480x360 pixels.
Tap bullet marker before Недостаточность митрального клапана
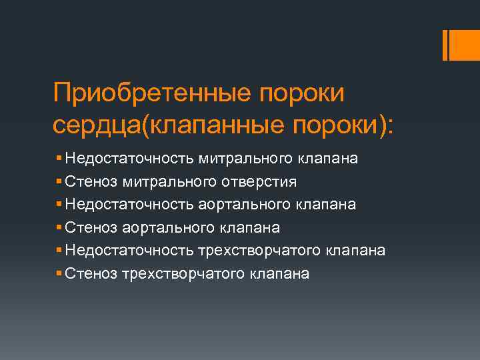tap(60, 159)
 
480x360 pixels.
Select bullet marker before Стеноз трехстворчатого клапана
tap(60, 273)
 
